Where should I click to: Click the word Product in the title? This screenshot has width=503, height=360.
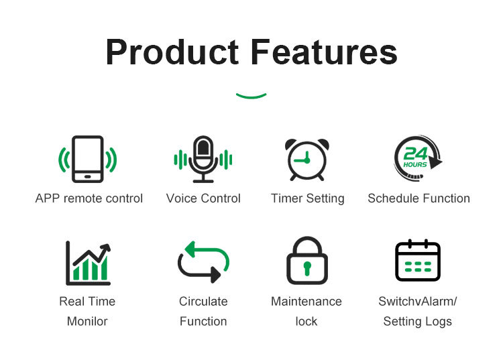172,52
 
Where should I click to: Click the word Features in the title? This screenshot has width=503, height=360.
324,52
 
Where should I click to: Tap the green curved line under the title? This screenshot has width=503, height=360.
251,96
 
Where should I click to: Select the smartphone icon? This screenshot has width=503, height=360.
88,159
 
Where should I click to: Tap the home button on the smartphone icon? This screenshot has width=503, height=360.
88,176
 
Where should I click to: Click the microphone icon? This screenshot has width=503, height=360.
203,159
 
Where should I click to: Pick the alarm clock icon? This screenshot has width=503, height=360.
307,160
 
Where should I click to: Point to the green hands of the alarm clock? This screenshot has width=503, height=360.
303,158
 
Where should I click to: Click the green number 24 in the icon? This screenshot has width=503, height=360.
415,154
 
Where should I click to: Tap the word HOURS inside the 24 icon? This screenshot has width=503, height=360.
415,164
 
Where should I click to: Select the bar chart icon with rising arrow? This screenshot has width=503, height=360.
89,263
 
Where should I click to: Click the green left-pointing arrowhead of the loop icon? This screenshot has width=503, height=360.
190,249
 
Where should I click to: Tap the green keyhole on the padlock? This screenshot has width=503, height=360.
307,268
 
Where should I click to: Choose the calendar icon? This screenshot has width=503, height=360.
418,260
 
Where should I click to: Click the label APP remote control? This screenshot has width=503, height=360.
89,198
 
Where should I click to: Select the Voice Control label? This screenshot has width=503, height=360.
203,198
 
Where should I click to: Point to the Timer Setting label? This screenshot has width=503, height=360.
308,198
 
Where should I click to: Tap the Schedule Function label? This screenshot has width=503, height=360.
418,198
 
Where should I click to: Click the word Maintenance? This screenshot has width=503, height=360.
306,301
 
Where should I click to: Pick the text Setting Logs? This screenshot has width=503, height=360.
417,321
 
